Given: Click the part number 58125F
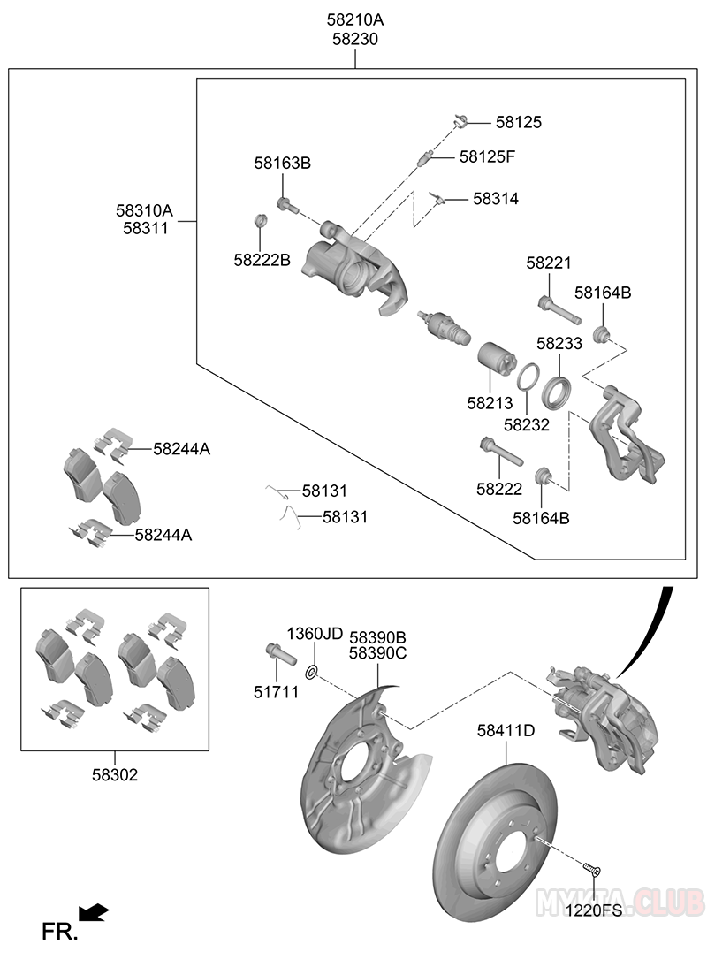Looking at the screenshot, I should pos(487,156).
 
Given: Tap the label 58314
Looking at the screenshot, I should pos(495,199).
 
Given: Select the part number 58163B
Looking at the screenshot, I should pos(283,163).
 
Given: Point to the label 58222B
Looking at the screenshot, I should pos(262,260).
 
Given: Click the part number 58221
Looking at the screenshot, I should pos(549,263).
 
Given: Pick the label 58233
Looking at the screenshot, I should pos(559,344).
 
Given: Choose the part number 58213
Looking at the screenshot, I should pos(490,403).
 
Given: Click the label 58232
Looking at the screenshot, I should pos(527,424).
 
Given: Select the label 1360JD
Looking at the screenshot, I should pos(314,634).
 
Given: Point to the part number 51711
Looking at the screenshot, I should pos(276,692).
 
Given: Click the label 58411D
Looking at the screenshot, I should pos(506,731).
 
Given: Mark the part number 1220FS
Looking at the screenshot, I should pos(594,909).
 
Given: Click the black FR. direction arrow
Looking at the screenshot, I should pos(94,911).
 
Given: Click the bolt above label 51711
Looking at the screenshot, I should pos(277,655).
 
